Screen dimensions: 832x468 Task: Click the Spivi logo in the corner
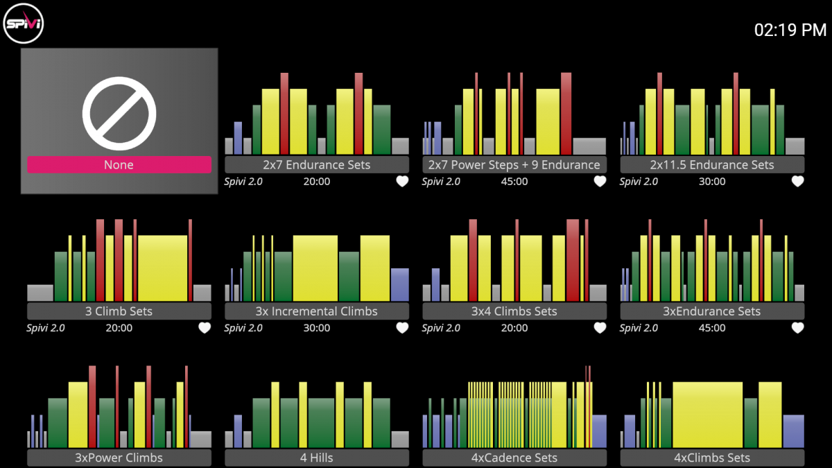tap(24, 24)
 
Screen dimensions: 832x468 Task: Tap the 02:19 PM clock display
tap(790, 30)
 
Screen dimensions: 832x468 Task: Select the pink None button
tap(119, 164)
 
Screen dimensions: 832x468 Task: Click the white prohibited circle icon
tap(119, 113)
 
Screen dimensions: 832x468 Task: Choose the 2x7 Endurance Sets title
tap(316, 164)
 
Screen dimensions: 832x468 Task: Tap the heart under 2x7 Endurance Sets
tap(402, 181)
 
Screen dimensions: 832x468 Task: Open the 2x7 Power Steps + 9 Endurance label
tap(514, 164)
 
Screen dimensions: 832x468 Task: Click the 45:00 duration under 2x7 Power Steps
tap(514, 181)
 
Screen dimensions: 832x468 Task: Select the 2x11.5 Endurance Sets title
tap(712, 164)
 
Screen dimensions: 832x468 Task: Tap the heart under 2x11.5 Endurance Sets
tap(797, 181)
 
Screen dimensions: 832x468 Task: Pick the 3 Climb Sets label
tap(119, 311)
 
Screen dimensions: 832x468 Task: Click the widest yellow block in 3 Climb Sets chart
tap(163, 268)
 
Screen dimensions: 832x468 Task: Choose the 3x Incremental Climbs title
tap(316, 311)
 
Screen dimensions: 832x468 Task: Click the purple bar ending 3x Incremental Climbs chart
tap(399, 284)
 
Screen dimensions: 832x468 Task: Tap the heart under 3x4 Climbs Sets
tap(600, 327)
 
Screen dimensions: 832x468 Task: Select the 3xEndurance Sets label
tap(712, 311)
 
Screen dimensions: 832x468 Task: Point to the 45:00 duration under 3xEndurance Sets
tap(712, 327)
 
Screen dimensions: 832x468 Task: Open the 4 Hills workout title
tap(316, 458)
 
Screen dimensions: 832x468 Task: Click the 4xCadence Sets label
tap(514, 458)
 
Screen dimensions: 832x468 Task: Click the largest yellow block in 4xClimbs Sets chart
tap(708, 415)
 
